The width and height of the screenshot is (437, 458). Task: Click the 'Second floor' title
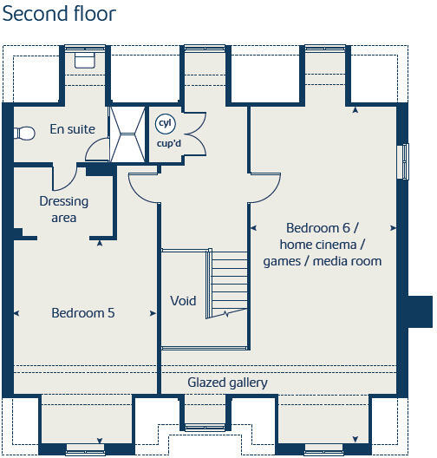[x=59, y=15]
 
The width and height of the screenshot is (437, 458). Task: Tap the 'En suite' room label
[x=72, y=129]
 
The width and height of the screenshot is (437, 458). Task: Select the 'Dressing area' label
[x=64, y=209]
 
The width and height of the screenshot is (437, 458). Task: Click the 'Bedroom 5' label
[x=82, y=313]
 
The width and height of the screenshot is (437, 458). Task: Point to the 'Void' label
[x=183, y=301]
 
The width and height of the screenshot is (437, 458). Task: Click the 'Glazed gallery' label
[x=227, y=383]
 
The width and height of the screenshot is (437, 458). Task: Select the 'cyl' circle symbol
[x=165, y=124]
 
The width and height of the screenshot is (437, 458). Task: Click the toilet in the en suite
[x=23, y=133]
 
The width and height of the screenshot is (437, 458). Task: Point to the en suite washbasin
[x=84, y=59]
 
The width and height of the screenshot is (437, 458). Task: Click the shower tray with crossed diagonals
[x=127, y=134]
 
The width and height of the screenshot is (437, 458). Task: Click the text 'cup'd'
[x=168, y=142]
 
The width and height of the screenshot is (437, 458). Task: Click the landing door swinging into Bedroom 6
[x=264, y=184]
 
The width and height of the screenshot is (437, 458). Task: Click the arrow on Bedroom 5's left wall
[x=16, y=312]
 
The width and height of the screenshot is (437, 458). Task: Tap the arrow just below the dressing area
[x=101, y=244]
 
